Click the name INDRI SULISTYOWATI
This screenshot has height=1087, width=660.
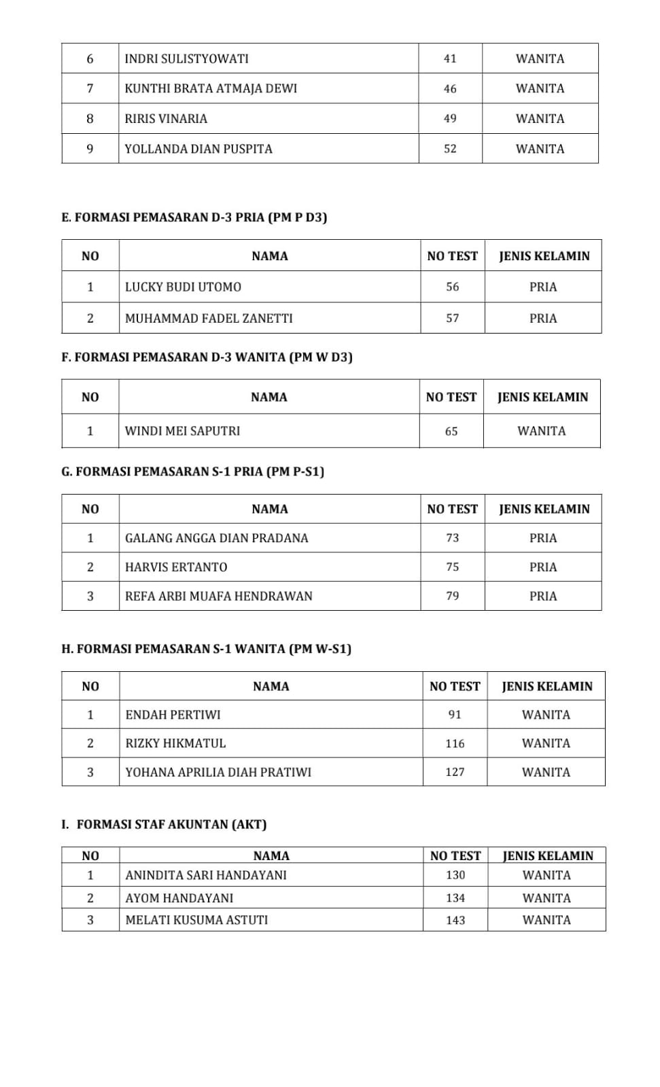point(186,58)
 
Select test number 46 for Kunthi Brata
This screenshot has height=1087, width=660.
point(450,88)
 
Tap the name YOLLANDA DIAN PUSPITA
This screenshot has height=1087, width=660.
point(198,149)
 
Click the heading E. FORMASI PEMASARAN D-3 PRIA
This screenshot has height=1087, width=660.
point(194,217)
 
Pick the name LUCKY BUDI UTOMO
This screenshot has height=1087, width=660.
point(183,287)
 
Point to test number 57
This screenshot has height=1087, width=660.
point(453,318)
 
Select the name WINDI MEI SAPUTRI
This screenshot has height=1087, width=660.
point(182,431)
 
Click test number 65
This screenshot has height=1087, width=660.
point(451,431)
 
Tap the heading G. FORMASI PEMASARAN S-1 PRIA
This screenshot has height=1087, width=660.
point(193,471)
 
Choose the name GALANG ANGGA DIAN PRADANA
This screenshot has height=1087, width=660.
point(216,538)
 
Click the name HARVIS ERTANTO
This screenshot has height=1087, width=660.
point(176,567)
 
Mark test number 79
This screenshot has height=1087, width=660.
point(453,596)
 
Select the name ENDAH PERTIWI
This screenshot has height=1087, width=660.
point(173,715)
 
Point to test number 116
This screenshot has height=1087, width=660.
point(455,743)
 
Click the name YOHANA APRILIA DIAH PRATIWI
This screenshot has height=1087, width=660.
point(218,772)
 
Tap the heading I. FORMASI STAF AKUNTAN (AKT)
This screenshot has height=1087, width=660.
point(164,825)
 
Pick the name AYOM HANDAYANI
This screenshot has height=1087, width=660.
point(179,898)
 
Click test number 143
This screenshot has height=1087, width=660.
point(455,920)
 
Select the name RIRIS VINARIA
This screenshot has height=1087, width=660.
point(166,119)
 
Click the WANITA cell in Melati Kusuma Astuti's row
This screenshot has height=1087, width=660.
point(546,920)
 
